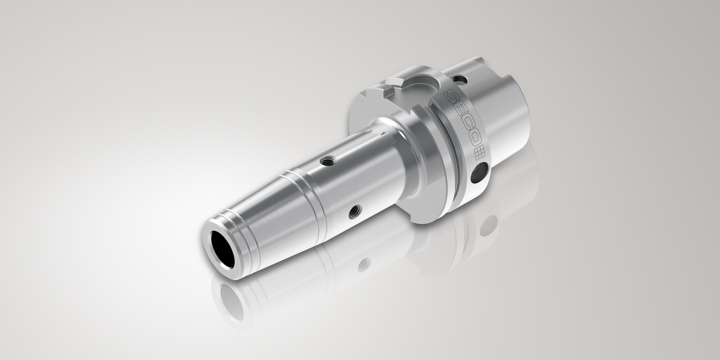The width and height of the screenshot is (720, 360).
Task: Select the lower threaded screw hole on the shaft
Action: pos(355,212)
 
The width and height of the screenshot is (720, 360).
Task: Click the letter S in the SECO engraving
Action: pos(451,96)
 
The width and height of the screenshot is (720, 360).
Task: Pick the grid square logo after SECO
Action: pos(479,154)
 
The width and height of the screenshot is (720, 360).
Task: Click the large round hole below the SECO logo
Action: pos(479,173)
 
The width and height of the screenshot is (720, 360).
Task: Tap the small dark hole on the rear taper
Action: pos(458,79)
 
